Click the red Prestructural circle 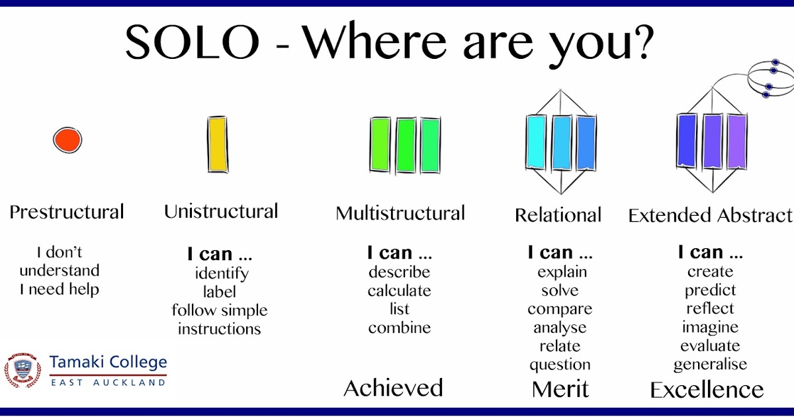67,140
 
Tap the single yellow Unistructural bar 218,144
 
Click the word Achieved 393,388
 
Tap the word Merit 560,389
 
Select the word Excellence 707,390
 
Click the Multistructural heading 400,213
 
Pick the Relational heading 558,215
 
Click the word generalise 710,365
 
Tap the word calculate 399,291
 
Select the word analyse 560,328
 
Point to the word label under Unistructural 219,292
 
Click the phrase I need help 60,289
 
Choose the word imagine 710,328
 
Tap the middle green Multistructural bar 406,145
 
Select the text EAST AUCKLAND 108,383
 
